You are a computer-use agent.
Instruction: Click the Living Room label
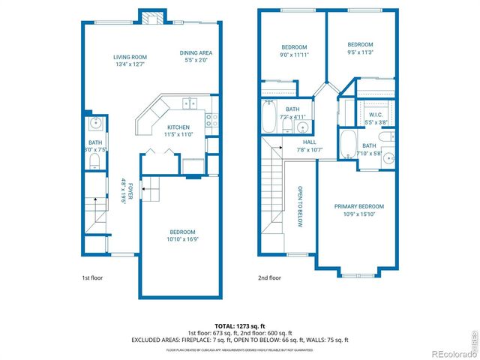pyautogui.click(x=130, y=57)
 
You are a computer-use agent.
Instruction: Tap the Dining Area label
pyautogui.click(x=196, y=52)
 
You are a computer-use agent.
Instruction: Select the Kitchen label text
pyautogui.click(x=178, y=127)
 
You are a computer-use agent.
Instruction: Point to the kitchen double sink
pyautogui.click(x=187, y=104)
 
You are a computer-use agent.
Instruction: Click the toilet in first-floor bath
pyautogui.click(x=91, y=160)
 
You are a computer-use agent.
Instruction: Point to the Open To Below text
pyautogui.click(x=299, y=205)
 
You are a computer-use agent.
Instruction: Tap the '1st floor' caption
pyautogui.click(x=91, y=278)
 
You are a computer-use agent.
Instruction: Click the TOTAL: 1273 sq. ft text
pyautogui.click(x=239, y=325)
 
